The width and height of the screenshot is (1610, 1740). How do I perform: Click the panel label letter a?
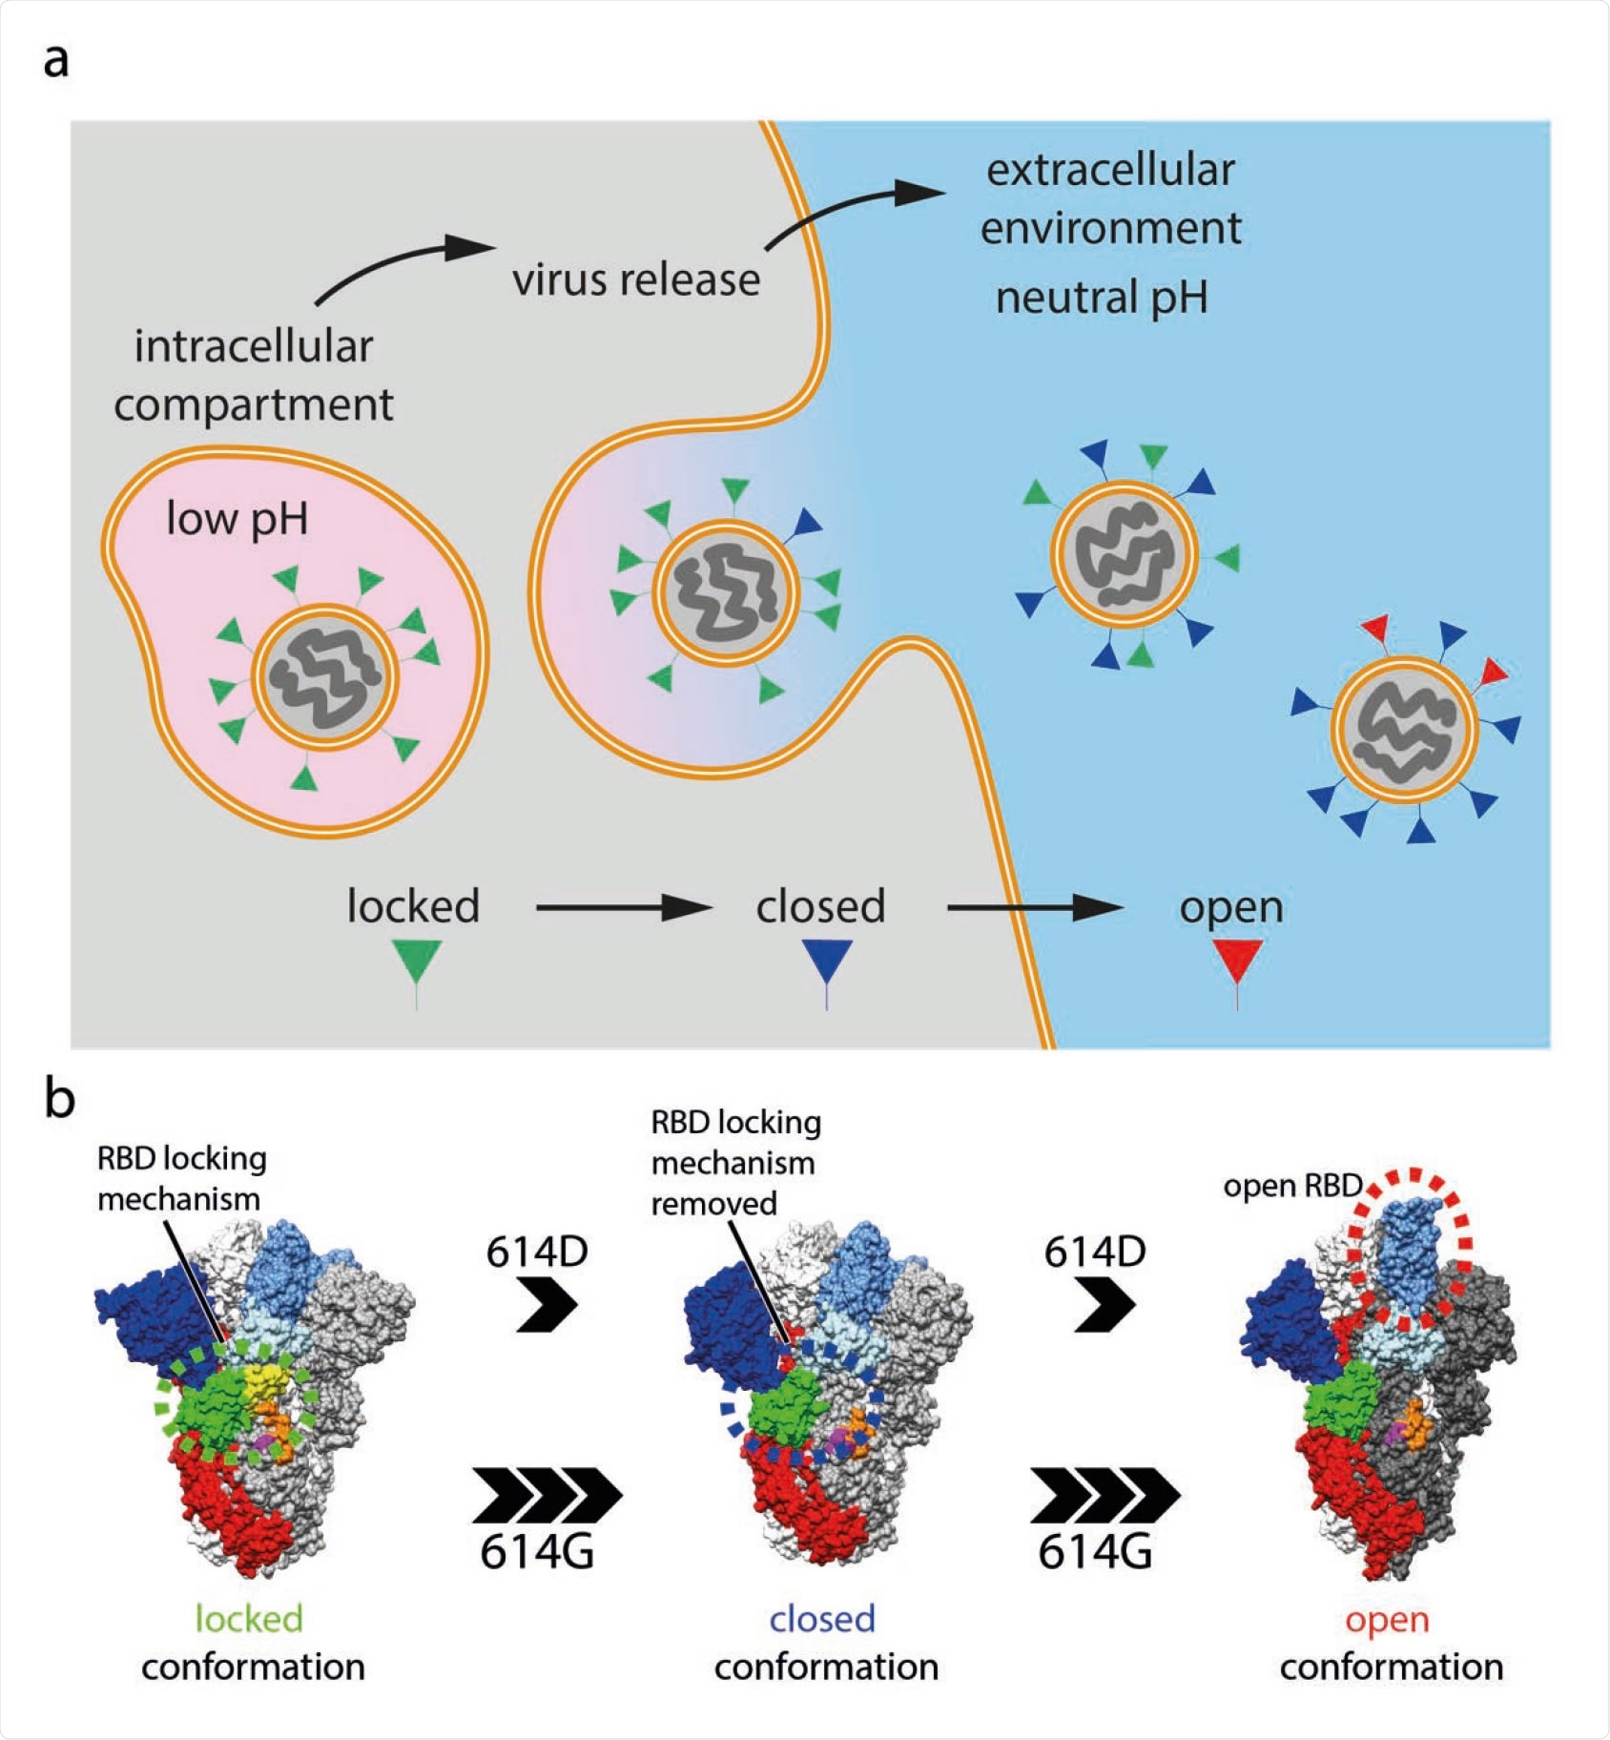pos(56,60)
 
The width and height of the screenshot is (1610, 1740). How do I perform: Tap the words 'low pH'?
pos(237,520)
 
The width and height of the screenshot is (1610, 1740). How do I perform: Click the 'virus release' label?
pos(636,280)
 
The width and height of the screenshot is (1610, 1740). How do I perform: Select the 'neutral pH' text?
pos(1102,298)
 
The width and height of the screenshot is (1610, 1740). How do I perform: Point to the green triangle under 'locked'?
pos(417,960)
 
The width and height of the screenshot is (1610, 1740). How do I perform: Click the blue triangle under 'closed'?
pos(827,960)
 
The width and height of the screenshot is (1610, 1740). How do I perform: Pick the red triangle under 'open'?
pos(1237,958)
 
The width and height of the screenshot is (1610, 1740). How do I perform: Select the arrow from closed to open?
pos(1034,907)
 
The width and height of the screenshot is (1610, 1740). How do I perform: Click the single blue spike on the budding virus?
pos(807,523)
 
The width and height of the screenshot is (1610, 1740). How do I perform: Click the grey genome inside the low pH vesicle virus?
pos(325,677)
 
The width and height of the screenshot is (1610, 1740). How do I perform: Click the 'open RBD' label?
pos(1291,1186)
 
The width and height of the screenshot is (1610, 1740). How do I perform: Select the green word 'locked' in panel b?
pos(249,1619)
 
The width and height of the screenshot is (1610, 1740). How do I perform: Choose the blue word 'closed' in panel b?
pos(822,1619)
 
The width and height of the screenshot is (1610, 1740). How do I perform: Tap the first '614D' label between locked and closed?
pos(537,1252)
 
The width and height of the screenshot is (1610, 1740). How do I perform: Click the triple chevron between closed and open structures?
pos(1104,1495)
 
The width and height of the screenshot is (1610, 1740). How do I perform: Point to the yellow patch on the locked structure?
pos(259,1378)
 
